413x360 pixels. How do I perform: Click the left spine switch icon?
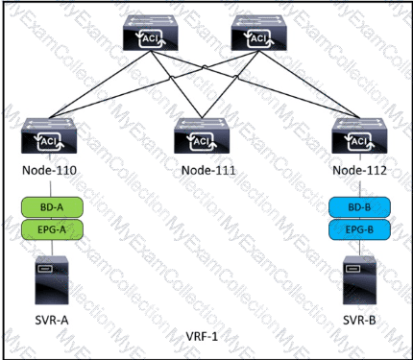(x=151, y=34)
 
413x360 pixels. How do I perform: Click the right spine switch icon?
(x=258, y=34)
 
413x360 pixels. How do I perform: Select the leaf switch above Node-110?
(x=49, y=135)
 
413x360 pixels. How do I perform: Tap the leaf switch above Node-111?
(x=202, y=135)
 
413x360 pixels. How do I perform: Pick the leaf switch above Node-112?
(x=359, y=135)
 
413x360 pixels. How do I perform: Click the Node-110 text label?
(x=49, y=170)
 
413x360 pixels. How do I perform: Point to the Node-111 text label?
(x=208, y=170)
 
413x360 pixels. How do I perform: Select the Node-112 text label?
(x=359, y=170)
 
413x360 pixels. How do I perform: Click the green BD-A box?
(x=52, y=207)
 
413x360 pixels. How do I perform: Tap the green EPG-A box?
(x=52, y=229)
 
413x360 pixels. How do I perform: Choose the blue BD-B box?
(x=359, y=207)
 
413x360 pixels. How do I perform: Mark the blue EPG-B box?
(x=359, y=229)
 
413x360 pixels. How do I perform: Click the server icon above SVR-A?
(x=52, y=280)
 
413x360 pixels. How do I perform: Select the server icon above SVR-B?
(x=359, y=280)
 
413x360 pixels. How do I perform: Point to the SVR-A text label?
(x=52, y=320)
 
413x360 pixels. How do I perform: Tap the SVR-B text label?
(x=359, y=320)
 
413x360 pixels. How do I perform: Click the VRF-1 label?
(x=202, y=336)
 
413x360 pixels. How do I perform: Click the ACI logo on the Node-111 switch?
(x=202, y=141)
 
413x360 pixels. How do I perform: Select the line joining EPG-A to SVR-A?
(x=52, y=248)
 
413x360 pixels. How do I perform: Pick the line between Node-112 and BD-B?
(x=360, y=187)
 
